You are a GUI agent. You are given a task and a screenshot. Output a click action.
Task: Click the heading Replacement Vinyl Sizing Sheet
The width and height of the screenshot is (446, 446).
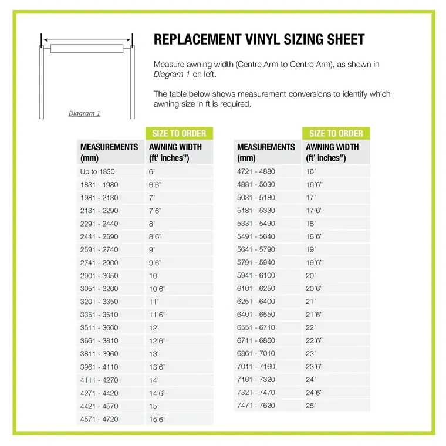(259, 40)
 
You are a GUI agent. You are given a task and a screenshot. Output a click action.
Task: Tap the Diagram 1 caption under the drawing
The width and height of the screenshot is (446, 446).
(85, 113)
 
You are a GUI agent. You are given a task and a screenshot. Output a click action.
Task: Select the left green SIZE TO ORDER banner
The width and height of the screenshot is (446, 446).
(179, 133)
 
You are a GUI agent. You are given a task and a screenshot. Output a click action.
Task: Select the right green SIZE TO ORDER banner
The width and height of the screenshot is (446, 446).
(336, 133)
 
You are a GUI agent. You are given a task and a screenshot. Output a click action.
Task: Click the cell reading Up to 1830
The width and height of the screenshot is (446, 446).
(97, 172)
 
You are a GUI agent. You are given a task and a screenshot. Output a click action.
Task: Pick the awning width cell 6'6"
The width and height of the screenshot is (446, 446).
(156, 185)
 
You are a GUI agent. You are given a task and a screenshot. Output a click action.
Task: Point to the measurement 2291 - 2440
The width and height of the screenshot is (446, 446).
(99, 224)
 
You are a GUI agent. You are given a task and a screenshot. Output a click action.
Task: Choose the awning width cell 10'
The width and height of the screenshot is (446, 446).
(154, 276)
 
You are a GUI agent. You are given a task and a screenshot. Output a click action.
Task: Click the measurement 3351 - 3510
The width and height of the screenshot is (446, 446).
(99, 315)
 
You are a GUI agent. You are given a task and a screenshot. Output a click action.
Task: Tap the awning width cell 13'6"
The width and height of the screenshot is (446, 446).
(157, 367)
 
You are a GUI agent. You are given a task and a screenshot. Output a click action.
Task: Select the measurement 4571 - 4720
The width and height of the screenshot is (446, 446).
(99, 419)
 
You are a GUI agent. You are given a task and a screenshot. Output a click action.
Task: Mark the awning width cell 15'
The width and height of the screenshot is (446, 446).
(154, 406)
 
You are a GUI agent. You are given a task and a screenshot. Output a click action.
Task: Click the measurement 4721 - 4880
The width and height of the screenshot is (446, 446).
(256, 172)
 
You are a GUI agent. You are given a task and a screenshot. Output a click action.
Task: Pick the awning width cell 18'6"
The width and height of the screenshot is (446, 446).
(315, 236)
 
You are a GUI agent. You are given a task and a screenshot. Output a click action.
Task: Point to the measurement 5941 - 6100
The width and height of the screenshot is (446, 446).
(256, 276)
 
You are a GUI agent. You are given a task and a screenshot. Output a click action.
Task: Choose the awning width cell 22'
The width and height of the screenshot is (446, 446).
(311, 327)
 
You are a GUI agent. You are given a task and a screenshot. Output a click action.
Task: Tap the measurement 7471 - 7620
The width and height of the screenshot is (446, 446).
(256, 406)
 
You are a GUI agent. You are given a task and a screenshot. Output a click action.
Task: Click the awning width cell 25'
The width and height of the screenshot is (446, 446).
(311, 406)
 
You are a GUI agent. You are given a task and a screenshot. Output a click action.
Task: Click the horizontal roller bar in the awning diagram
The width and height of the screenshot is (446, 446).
(87, 48)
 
